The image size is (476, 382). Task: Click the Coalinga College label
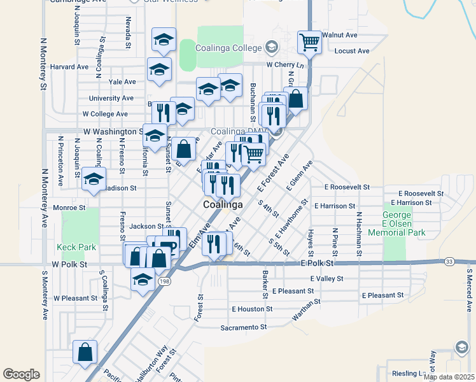229,48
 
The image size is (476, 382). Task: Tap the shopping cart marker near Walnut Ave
309,43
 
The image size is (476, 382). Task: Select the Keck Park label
76,246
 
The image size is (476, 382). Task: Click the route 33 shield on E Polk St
449,262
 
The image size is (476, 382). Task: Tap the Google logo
21,374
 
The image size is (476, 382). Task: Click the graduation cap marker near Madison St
94,179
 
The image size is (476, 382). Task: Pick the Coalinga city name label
223,206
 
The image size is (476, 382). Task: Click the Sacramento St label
243,327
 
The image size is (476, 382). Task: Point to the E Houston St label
252,309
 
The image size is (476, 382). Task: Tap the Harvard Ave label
69,66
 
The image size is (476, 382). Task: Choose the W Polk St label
69,264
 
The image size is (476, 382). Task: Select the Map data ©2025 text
448,377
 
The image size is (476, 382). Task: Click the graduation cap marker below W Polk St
143,280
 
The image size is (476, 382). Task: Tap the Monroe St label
69,208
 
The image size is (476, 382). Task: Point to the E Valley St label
326,278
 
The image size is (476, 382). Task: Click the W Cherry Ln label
285,65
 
